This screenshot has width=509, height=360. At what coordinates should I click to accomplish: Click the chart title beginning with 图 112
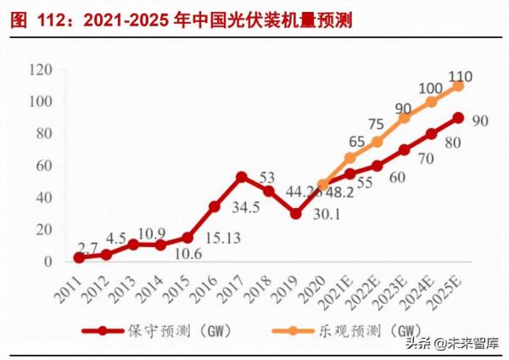[182, 20]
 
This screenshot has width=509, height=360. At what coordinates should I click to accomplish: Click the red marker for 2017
[241, 177]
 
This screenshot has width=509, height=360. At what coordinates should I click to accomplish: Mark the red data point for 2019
[295, 213]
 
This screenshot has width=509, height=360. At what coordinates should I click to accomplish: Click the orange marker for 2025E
[458, 86]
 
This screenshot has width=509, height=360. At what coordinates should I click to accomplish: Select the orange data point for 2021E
[350, 157]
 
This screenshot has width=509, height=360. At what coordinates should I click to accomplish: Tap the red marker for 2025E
[458, 118]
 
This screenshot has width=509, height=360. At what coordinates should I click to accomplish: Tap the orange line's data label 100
[430, 87]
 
